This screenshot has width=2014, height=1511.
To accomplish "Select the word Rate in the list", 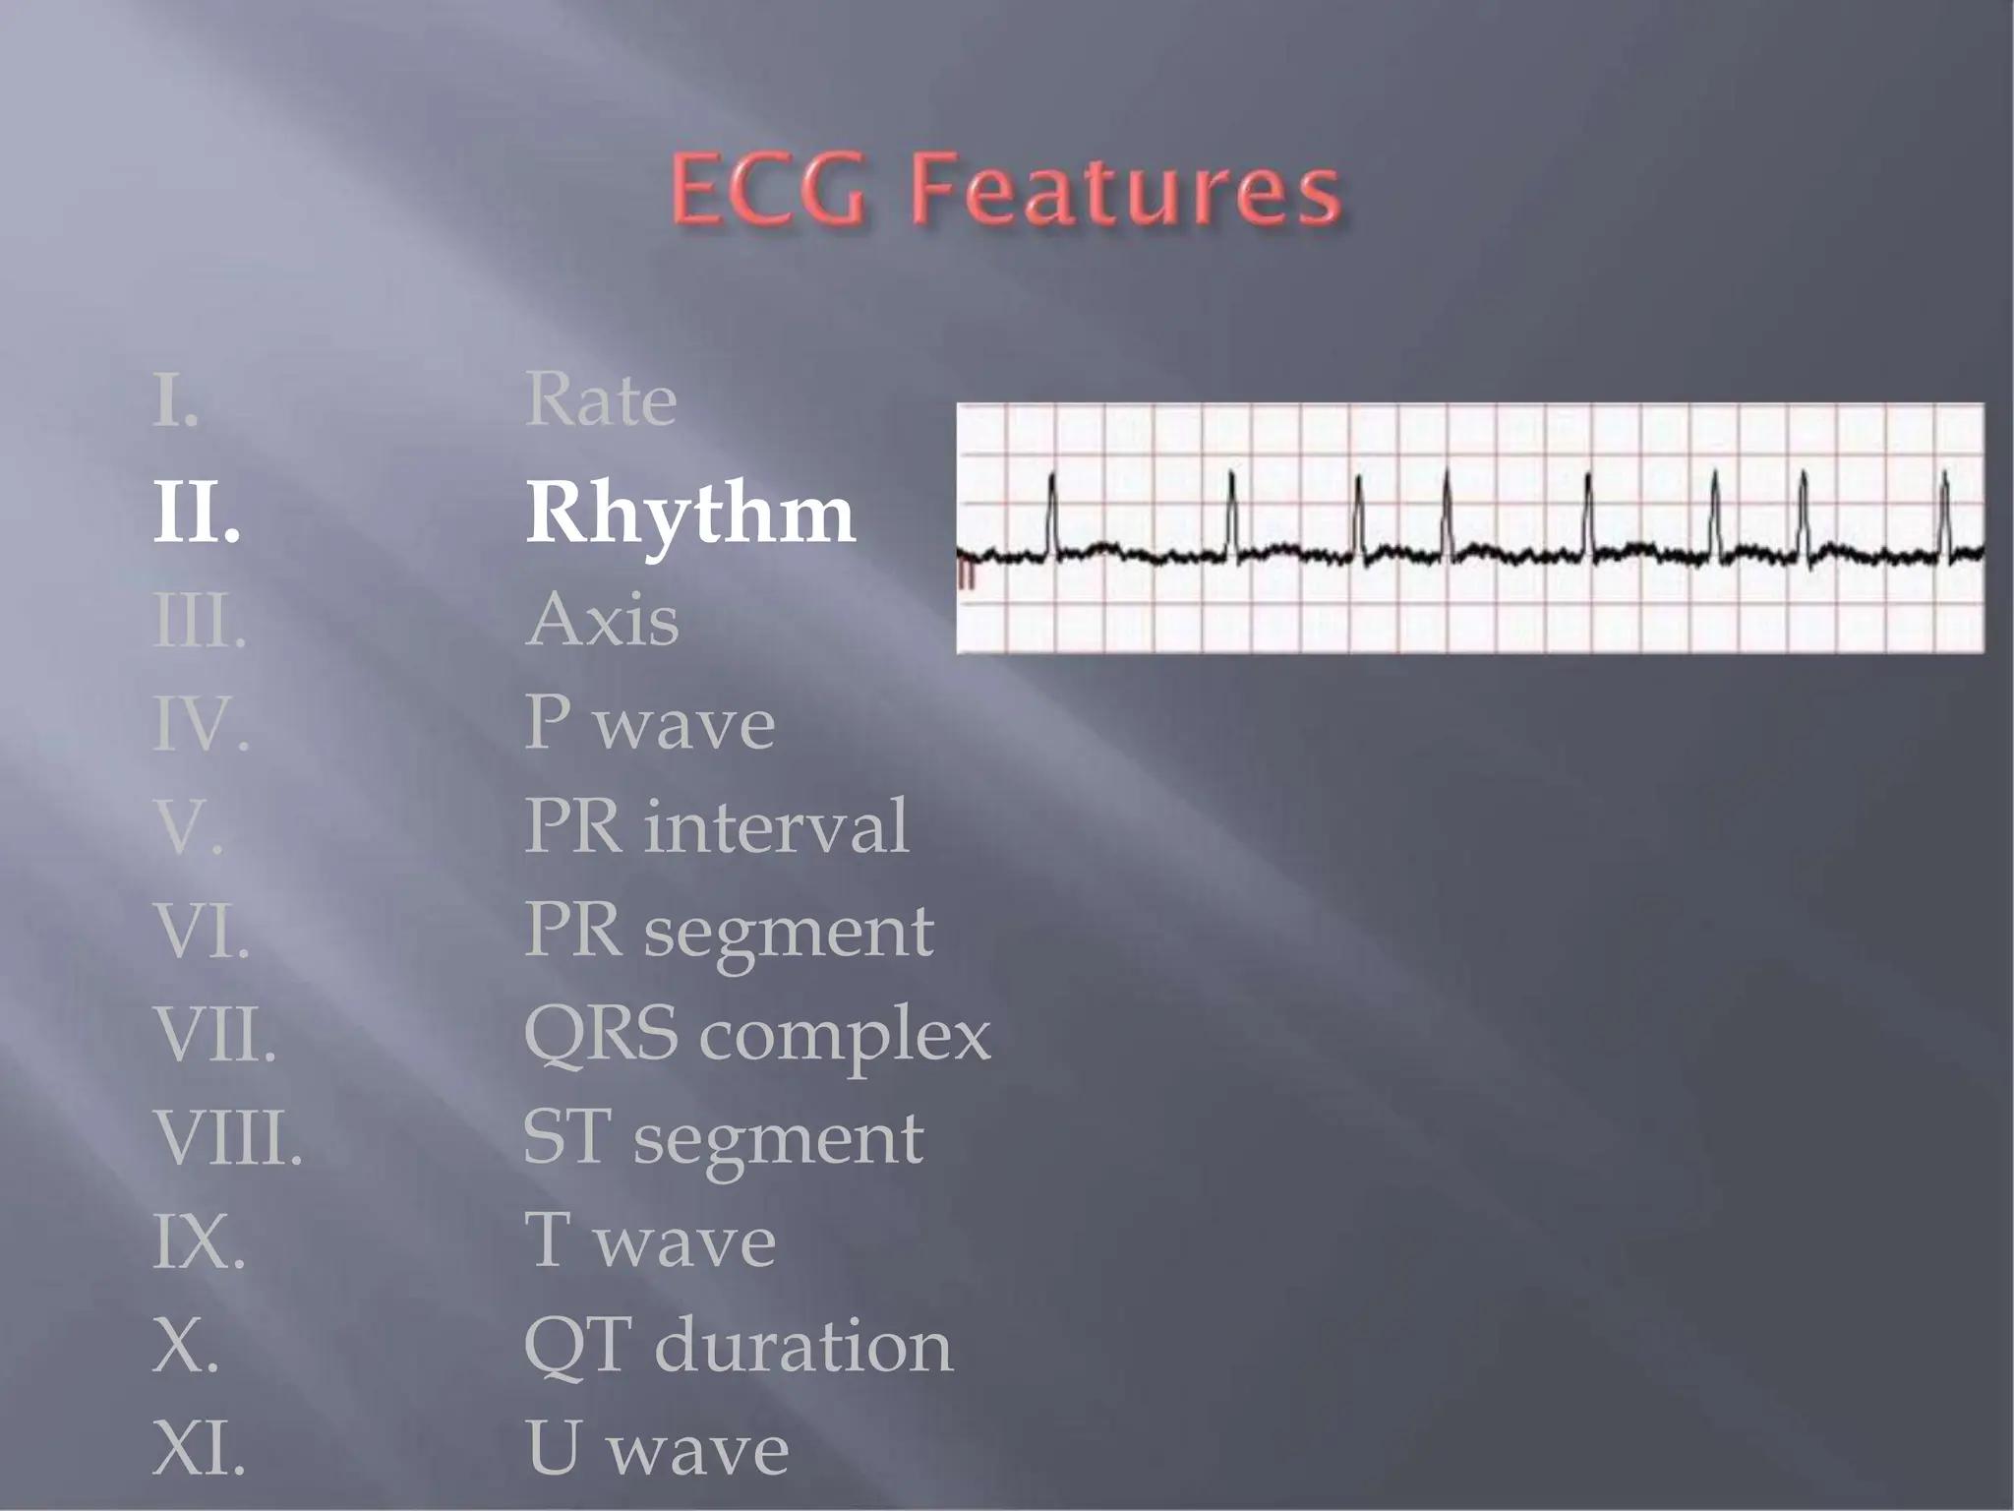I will tap(601, 401).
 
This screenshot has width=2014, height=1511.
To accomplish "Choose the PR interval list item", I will tap(716, 827).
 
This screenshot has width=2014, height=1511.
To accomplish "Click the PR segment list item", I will tap(728, 932).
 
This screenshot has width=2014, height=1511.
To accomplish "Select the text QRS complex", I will tap(756, 1036).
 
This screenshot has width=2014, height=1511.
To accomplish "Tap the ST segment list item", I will tap(723, 1139).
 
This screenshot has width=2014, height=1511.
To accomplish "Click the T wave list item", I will tap(649, 1242).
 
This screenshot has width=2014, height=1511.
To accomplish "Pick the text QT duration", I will tap(738, 1346).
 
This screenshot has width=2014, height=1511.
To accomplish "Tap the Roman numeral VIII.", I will tap(227, 1139).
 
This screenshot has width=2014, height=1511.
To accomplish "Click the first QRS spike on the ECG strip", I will tap(1052, 512).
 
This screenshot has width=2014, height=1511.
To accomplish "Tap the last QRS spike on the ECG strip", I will tap(1945, 512).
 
